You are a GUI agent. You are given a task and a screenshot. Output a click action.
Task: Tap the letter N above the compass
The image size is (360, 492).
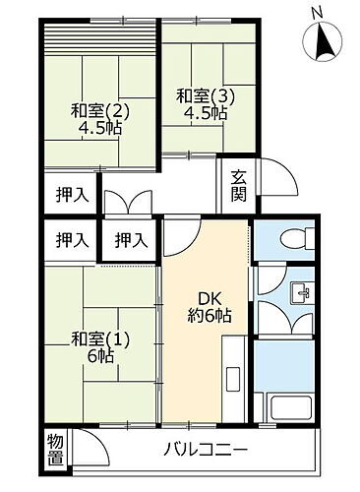pos(316,12)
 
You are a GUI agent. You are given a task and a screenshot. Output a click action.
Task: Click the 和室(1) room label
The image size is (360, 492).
pos(96,339)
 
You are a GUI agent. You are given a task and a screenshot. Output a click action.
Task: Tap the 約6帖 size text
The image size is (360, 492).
pos(209,316)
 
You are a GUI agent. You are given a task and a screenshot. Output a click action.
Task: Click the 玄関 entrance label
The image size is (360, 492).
pos(239,185)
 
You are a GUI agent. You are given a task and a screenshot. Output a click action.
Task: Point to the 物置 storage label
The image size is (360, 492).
pos(55,449)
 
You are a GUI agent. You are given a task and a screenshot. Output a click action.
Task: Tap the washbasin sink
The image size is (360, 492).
pos(301,292)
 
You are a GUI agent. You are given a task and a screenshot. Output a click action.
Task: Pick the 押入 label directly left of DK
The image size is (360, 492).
pos(131,239)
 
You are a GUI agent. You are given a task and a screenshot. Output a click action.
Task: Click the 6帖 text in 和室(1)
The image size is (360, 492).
pos(96,357)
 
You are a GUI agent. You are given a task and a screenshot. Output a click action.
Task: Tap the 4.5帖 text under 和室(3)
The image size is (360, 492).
pos(204,113)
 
